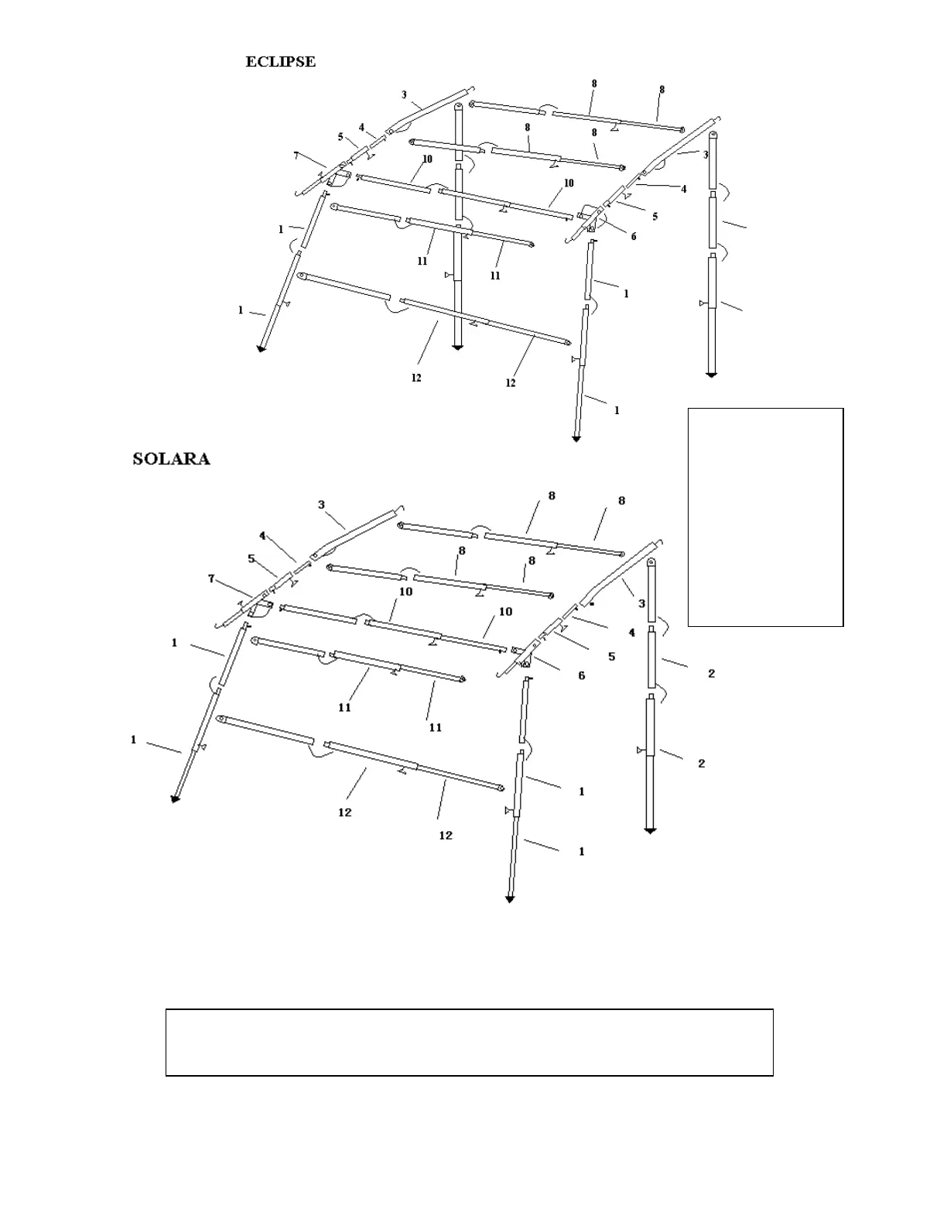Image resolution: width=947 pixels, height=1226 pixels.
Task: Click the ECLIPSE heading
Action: click(x=280, y=62)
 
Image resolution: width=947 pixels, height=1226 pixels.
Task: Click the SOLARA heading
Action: click(x=171, y=459)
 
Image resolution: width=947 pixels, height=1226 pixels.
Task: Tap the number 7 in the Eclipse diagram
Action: click(x=296, y=155)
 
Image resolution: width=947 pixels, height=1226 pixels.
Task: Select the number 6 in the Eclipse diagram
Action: click(x=634, y=237)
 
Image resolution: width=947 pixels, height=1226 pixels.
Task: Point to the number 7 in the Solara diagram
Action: click(x=211, y=578)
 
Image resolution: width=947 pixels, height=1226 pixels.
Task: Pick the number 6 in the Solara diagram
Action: click(x=582, y=676)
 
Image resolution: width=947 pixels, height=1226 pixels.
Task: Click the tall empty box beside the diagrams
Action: click(x=765, y=516)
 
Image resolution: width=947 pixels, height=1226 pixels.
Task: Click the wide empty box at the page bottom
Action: click(x=469, y=1042)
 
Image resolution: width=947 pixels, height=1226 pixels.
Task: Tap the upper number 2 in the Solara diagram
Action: click(x=711, y=674)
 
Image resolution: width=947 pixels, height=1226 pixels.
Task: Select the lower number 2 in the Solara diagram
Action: click(x=702, y=764)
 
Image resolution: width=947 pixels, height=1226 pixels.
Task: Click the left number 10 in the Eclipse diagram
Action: click(x=427, y=159)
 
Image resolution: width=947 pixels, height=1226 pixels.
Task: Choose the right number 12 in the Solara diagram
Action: click(x=446, y=835)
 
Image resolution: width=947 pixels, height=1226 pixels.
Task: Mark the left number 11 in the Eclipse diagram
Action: click(x=422, y=262)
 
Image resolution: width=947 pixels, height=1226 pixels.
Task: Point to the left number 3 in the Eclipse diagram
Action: click(x=404, y=95)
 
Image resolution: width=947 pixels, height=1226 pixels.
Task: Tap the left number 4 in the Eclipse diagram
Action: click(x=361, y=128)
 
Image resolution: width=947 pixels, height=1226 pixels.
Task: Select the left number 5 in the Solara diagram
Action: click(x=251, y=558)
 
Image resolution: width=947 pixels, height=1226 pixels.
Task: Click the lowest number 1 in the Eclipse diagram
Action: click(x=617, y=411)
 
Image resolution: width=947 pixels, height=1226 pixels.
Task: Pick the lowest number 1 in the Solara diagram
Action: click(x=582, y=851)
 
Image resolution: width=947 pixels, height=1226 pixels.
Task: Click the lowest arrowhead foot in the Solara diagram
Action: click(x=510, y=899)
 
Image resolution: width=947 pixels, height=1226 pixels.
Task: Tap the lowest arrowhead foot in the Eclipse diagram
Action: click(x=576, y=439)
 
